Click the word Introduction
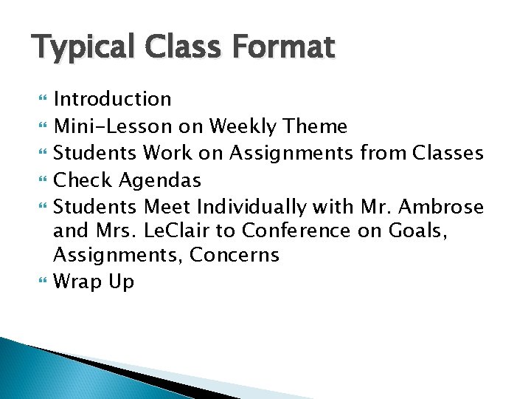(112, 99)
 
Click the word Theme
(316, 126)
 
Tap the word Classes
(448, 153)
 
